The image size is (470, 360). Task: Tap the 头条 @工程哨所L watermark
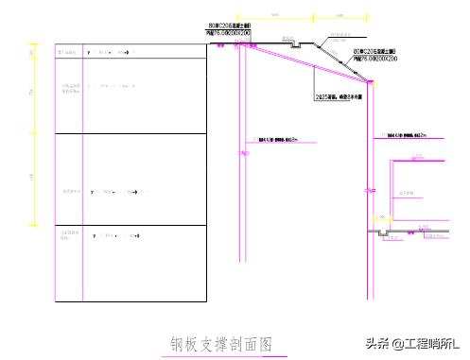pyautogui.click(x=412, y=344)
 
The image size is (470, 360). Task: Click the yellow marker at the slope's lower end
pyautogui.click(x=372, y=83)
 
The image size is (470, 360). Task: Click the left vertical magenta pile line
pyautogui.click(x=242, y=170)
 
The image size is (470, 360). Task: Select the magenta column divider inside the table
pyautogui.click(x=83, y=170)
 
